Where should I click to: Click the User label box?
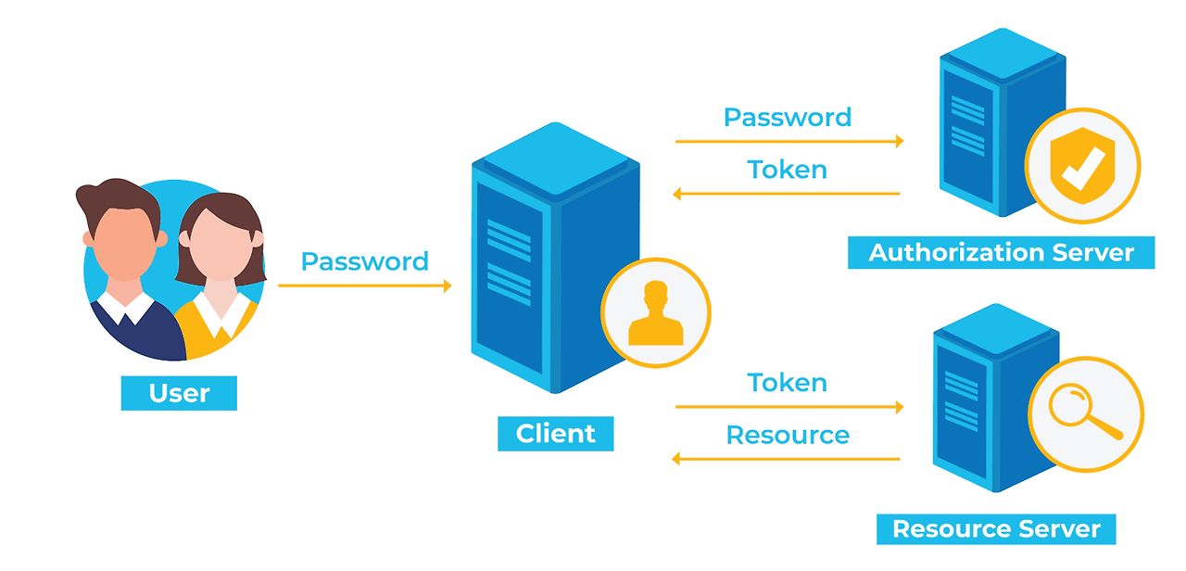(179, 393)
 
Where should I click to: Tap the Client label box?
(555, 434)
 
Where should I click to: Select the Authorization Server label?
(1002, 253)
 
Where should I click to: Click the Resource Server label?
(996, 529)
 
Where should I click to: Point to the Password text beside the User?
(365, 261)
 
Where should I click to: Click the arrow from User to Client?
(365, 286)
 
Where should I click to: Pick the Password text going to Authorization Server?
(788, 118)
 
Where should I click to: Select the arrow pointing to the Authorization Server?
(789, 142)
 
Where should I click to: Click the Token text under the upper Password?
(788, 170)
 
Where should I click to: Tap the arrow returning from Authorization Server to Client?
(787, 194)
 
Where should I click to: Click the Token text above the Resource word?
(788, 383)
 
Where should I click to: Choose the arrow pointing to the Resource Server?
(789, 407)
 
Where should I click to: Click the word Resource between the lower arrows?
(788, 436)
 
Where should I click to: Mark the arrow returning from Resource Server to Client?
(786, 459)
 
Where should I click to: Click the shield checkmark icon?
(1083, 166)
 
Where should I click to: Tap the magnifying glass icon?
(1085, 412)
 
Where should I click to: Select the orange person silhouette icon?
(656, 313)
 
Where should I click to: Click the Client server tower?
(555, 258)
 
